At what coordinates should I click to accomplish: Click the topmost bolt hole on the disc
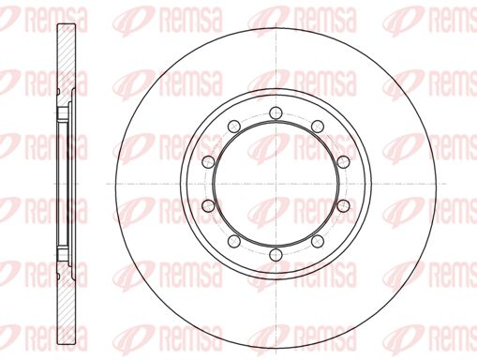pos(276,112)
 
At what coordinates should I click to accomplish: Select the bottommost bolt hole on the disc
pos(276,254)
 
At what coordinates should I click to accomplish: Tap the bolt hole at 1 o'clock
pos(318,127)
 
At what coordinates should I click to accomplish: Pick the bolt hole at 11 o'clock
pos(234,127)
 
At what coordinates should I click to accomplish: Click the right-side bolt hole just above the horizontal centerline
pos(343,161)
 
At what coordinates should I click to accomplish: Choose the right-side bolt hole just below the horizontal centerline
pos(343,205)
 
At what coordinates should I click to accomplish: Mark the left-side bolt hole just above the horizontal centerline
pos(208,161)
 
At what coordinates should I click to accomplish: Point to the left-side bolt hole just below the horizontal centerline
pos(208,205)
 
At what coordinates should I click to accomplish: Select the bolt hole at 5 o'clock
pos(318,241)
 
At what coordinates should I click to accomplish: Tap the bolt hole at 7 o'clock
pos(234,241)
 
